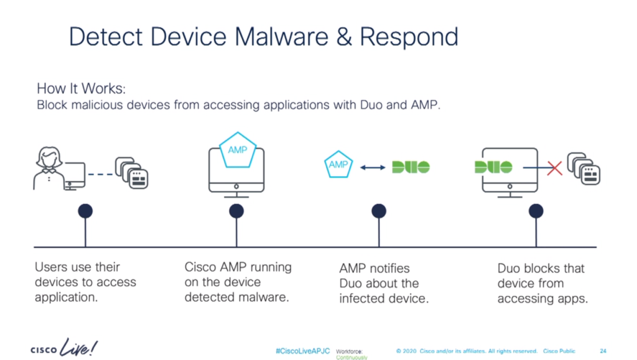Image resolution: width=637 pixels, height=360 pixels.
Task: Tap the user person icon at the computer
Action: tap(48, 167)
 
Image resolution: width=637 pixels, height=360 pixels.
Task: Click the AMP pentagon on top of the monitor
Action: tap(237, 150)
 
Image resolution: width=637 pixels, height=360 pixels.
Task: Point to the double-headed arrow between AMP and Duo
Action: tap(373, 167)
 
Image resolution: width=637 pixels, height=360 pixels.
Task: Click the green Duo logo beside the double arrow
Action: tap(411, 167)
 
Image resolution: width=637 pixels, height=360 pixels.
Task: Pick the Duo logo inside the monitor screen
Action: tap(493, 167)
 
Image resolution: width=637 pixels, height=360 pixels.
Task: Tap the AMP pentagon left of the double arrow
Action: tap(338, 165)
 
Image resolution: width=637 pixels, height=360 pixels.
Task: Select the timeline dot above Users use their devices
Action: tap(85, 211)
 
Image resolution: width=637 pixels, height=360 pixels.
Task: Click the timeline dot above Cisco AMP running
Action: tap(236, 211)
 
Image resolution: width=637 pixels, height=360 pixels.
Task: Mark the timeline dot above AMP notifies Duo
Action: tap(379, 211)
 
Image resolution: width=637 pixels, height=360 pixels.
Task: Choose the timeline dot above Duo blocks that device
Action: tap(536, 211)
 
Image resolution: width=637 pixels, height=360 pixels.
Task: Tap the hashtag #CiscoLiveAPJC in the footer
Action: tap(303, 351)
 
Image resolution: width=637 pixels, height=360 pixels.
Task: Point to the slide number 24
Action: tap(603, 351)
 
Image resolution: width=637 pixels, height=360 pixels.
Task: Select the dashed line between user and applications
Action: tap(100, 174)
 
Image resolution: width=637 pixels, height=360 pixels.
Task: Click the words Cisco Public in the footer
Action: tap(559, 351)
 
